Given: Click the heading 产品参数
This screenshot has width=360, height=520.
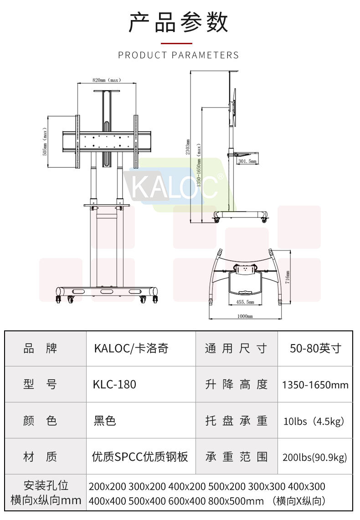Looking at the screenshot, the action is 178,22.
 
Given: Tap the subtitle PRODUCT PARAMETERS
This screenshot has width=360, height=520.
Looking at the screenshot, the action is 178,55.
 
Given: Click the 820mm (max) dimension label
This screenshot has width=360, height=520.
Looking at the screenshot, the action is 107,80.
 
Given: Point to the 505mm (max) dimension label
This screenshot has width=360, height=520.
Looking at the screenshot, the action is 45,142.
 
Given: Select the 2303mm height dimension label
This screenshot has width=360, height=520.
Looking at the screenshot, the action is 188,147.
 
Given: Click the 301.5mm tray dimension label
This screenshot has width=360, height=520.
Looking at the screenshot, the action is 247,161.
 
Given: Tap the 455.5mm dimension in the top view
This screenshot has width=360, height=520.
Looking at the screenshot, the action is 245,302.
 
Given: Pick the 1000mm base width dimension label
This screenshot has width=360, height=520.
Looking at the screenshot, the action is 245,316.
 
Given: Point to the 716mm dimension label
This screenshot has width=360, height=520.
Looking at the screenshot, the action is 288,277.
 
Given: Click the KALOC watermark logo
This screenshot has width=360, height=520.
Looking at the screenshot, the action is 174,186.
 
